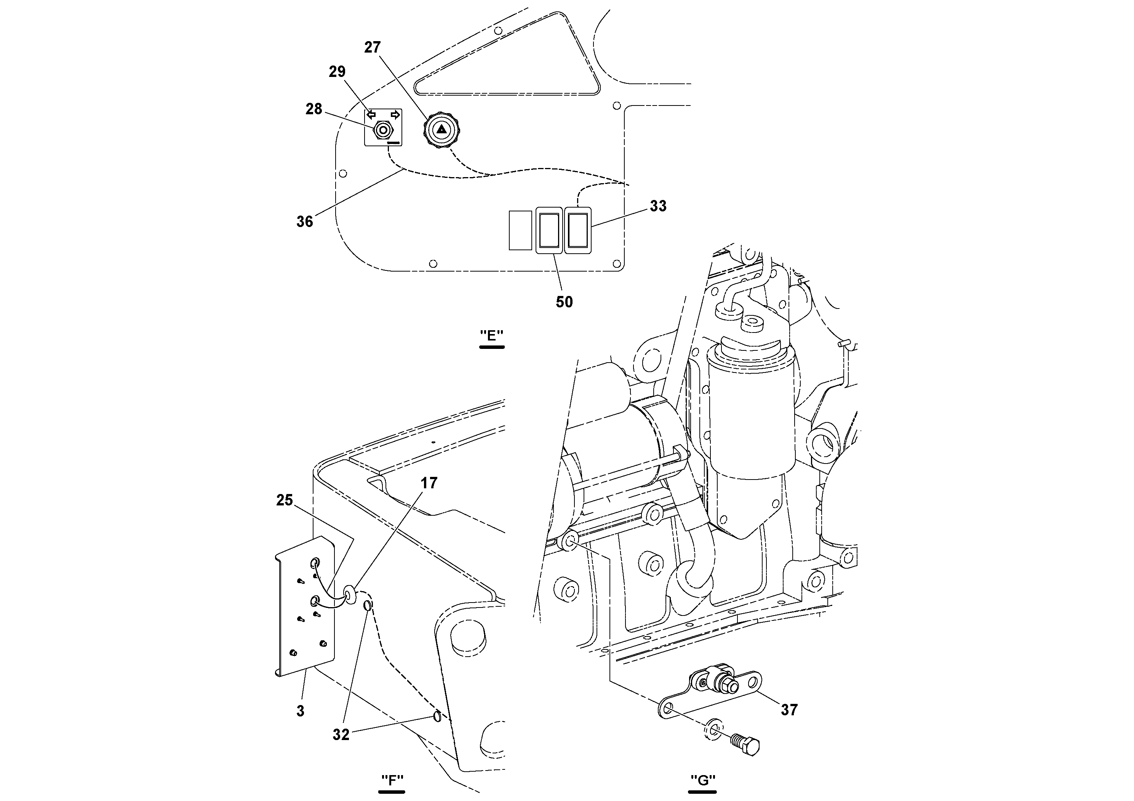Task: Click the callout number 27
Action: point(373,47)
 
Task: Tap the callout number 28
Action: point(313,109)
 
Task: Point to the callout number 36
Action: point(305,222)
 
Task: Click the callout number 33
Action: point(658,206)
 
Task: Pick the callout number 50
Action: point(564,302)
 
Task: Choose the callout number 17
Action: point(429,483)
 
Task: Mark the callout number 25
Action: point(285,500)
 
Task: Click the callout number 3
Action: point(300,711)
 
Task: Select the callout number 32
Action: point(341,735)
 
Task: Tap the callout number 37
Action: point(789,710)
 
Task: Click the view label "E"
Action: point(491,336)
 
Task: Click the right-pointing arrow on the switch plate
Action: point(395,115)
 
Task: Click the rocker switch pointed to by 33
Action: point(577,230)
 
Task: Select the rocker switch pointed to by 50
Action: point(549,230)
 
